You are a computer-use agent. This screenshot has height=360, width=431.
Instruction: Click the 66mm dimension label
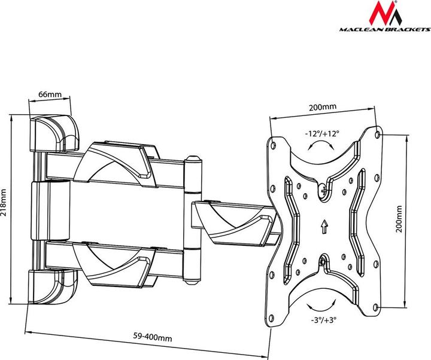(50, 94)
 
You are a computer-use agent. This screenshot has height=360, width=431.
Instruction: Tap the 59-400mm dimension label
(152, 338)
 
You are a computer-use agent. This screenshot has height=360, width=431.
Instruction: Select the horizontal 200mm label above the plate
(322, 107)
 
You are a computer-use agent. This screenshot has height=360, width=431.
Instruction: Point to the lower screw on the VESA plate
(324, 261)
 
